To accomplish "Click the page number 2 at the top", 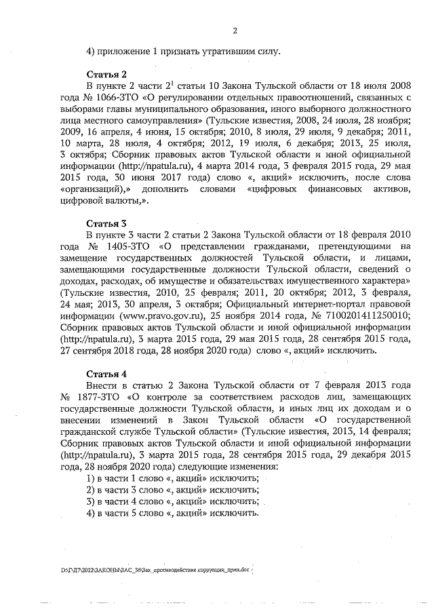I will (x=235, y=30).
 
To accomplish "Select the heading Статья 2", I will (x=106, y=74).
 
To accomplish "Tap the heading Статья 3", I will (x=106, y=223).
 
